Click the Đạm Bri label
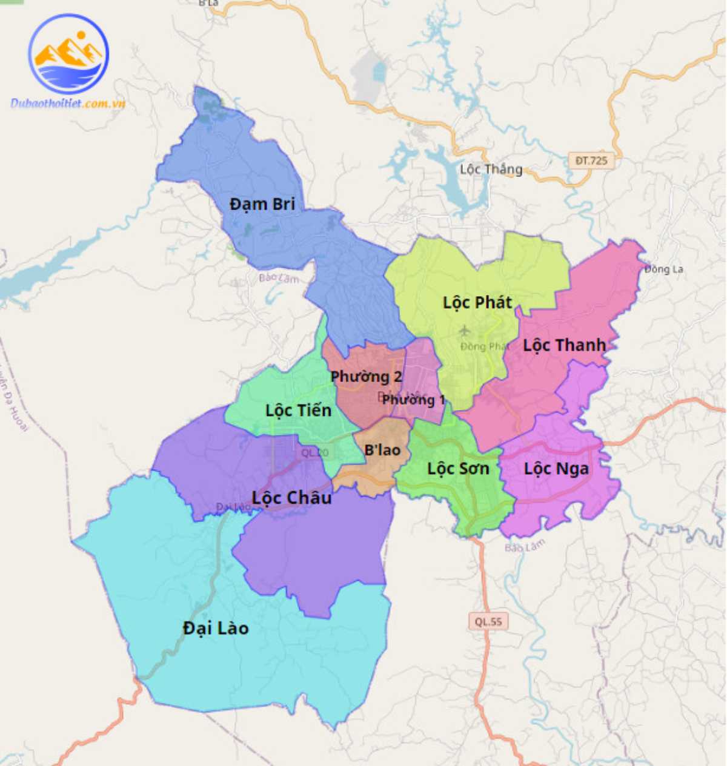pyautogui.click(x=262, y=204)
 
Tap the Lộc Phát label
pyautogui.click(x=477, y=302)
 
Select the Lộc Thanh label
pyautogui.click(x=564, y=345)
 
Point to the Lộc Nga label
pyautogui.click(x=556, y=469)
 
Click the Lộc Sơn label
pyautogui.click(x=457, y=469)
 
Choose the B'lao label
pyautogui.click(x=382, y=450)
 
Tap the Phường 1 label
pyautogui.click(x=413, y=400)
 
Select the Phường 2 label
pyautogui.click(x=366, y=377)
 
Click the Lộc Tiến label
pyautogui.click(x=298, y=411)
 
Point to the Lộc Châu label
pyautogui.click(x=291, y=498)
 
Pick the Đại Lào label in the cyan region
pyautogui.click(x=216, y=629)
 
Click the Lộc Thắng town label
pyautogui.click(x=491, y=169)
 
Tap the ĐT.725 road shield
pyautogui.click(x=591, y=160)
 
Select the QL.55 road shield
pyautogui.click(x=488, y=621)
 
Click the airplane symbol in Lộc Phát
pyautogui.click(x=465, y=331)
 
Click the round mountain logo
pyautogui.click(x=68, y=54)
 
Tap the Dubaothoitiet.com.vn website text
pyautogui.click(x=68, y=104)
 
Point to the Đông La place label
pyautogui.click(x=663, y=269)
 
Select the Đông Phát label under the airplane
pyautogui.click(x=484, y=346)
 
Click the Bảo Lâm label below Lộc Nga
pyautogui.click(x=525, y=546)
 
